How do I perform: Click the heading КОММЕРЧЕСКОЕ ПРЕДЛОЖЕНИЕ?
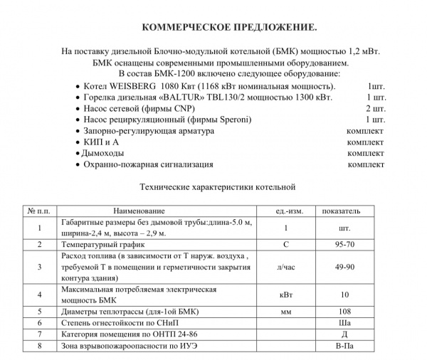(x=229, y=27)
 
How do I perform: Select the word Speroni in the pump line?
(x=236, y=120)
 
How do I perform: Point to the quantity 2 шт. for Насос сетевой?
(x=375, y=108)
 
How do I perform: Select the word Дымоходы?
(x=104, y=153)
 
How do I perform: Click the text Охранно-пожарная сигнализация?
(x=148, y=164)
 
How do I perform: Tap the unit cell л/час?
(x=285, y=267)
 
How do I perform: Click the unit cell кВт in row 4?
(x=285, y=295)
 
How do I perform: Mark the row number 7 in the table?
(x=41, y=334)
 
